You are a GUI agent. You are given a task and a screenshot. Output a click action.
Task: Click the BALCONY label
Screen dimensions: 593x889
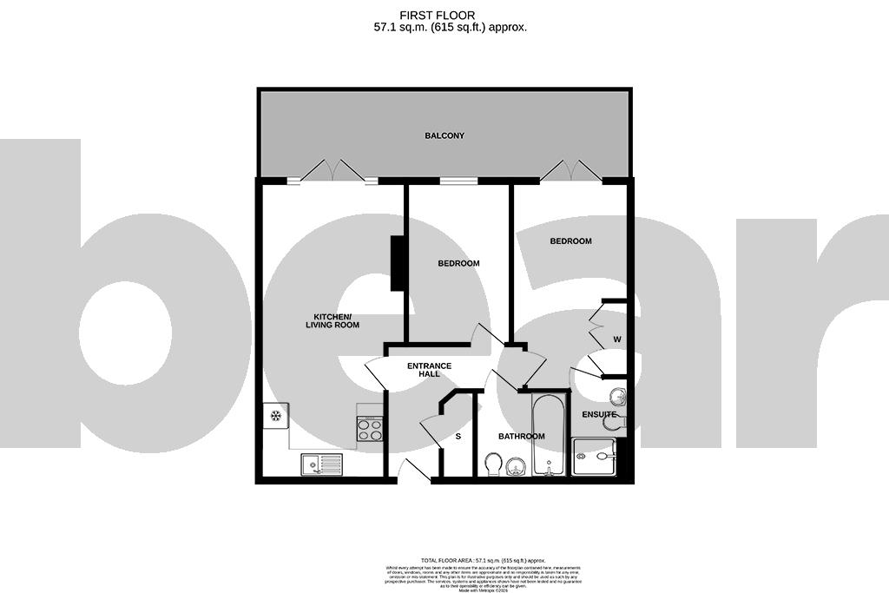444,136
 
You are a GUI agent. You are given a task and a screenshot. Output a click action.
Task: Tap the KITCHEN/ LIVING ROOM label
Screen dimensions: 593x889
332,320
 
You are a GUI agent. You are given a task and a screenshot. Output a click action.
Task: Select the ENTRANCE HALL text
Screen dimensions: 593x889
429,371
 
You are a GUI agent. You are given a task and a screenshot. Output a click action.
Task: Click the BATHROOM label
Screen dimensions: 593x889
521,437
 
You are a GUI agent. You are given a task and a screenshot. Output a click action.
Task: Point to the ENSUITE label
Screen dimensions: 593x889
599,415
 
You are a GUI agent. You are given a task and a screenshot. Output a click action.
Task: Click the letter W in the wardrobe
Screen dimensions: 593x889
617,339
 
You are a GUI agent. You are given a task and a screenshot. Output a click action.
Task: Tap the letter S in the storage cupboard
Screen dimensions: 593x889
458,437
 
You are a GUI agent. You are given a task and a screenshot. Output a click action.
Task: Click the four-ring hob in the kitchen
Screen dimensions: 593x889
370,427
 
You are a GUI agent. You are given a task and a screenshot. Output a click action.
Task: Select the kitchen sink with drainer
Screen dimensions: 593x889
320,465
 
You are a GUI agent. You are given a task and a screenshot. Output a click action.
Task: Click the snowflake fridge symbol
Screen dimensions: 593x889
275,416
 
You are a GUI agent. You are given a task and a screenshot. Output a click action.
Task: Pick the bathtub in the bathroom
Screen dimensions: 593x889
549,434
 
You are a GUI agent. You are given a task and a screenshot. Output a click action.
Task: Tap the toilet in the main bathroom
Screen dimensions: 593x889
491,465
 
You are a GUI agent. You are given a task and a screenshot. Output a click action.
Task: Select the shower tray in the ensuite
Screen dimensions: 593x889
594,456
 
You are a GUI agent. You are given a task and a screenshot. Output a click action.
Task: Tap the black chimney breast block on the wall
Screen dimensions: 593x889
398,263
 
